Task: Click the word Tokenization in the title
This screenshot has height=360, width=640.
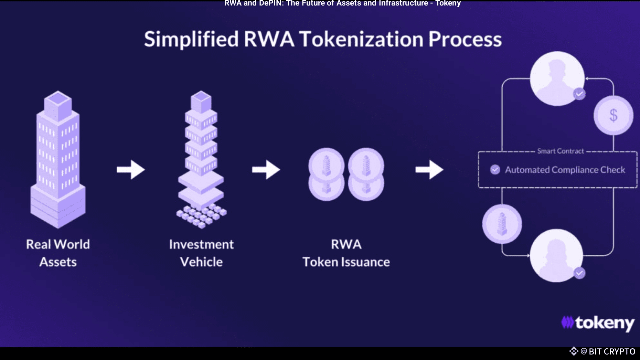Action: [x=361, y=39]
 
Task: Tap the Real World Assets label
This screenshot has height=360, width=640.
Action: [x=58, y=253]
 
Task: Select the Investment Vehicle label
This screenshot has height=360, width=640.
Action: [x=201, y=253]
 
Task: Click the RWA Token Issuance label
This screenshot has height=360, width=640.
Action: [x=346, y=253]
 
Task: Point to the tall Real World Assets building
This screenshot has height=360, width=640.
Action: [x=58, y=160]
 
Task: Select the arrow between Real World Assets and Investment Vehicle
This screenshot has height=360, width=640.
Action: [x=131, y=169]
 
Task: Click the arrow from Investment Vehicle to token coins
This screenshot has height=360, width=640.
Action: [x=266, y=169]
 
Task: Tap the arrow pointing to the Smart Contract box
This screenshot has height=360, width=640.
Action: [x=429, y=169]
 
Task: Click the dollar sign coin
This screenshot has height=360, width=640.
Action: [x=613, y=115]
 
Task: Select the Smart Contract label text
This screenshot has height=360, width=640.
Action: [x=561, y=151]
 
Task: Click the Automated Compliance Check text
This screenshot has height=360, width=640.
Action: [x=565, y=170]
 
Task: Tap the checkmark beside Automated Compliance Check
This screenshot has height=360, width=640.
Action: [x=495, y=169]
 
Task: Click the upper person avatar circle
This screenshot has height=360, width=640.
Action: [x=557, y=78]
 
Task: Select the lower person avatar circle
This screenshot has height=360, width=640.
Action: [x=556, y=256]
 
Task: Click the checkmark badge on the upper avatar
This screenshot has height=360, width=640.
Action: [x=579, y=94]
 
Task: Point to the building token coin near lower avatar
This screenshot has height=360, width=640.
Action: [x=502, y=224]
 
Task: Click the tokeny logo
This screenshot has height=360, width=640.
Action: [x=598, y=323]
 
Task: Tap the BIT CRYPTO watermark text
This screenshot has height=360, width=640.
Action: [x=612, y=351]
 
